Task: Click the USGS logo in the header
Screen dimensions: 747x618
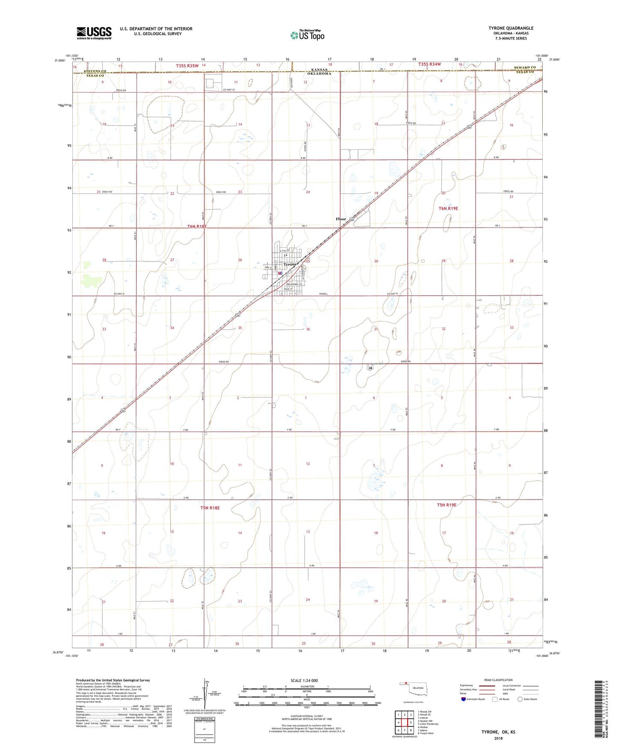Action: (x=94, y=33)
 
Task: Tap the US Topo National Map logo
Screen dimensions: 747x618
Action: (x=307, y=35)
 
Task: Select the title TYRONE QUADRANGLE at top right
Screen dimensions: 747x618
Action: (x=511, y=28)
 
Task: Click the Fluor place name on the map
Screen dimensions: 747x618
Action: (x=341, y=219)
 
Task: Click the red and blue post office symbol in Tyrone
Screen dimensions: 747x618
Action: (x=280, y=273)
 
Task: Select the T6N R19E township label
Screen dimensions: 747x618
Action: (x=448, y=208)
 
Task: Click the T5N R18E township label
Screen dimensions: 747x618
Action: (x=210, y=508)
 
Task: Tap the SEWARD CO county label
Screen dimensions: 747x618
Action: (x=525, y=68)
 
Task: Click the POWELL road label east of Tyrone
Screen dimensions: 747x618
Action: (x=323, y=294)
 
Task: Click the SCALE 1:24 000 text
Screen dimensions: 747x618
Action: (x=304, y=681)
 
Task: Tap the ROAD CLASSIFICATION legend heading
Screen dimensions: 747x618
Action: (x=498, y=680)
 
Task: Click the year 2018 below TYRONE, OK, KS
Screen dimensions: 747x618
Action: (x=498, y=738)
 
